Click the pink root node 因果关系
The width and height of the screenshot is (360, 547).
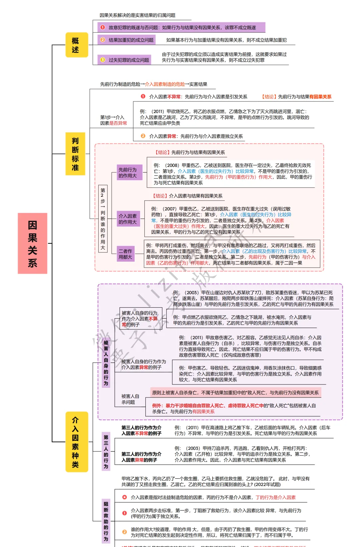click(x=32, y=243)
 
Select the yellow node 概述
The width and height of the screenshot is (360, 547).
click(x=77, y=45)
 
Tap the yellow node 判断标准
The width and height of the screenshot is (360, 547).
click(x=75, y=154)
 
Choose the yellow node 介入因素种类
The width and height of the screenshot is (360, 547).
click(x=77, y=442)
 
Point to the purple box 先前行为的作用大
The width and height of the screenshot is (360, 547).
click(x=129, y=173)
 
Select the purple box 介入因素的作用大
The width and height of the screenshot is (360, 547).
click(x=128, y=219)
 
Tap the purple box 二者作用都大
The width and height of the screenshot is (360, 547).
click(x=125, y=254)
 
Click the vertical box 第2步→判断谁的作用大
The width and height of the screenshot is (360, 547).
click(x=103, y=218)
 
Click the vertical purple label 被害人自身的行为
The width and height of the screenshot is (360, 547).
click(x=106, y=363)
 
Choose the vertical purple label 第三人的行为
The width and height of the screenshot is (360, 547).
click(x=106, y=451)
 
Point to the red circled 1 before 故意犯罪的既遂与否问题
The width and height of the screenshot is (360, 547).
click(x=103, y=27)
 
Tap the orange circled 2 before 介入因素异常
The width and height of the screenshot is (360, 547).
click(x=143, y=136)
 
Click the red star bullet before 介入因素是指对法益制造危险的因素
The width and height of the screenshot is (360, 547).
click(x=124, y=497)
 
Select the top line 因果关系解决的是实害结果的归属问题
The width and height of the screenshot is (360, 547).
click(x=137, y=15)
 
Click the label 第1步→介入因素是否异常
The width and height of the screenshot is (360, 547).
click(x=113, y=120)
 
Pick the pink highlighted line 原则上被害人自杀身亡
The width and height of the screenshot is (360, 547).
click(x=235, y=393)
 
